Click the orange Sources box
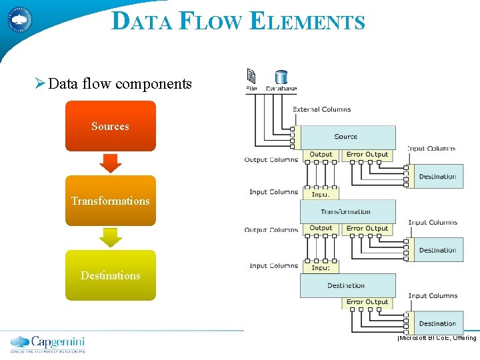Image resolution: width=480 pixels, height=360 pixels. tap(110, 126)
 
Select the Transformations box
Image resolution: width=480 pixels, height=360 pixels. tap(110, 201)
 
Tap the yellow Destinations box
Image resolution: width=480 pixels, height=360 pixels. tap(110, 275)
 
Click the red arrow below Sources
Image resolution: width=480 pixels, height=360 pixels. tap(110, 163)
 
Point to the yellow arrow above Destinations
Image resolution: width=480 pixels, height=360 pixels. tap(110, 237)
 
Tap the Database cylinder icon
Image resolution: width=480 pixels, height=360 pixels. tap(281, 77)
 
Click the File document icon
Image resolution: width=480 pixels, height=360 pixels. tap(251, 76)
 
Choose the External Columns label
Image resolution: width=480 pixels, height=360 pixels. tap(321, 109)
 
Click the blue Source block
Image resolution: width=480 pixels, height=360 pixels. tap(347, 137)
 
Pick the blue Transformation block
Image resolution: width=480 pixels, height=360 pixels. tap(347, 211)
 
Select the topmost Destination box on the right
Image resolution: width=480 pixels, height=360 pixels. tap(437, 177)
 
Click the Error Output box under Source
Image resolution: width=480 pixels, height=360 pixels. tap(367, 155)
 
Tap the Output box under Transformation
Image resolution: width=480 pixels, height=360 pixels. tap(321, 228)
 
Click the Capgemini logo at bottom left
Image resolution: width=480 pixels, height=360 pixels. tap(48, 343)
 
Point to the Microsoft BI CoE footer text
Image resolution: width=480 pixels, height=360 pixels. tap(437, 338)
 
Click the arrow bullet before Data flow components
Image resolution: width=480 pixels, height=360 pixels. tap(39, 84)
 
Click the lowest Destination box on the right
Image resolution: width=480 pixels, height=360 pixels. tap(437, 323)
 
